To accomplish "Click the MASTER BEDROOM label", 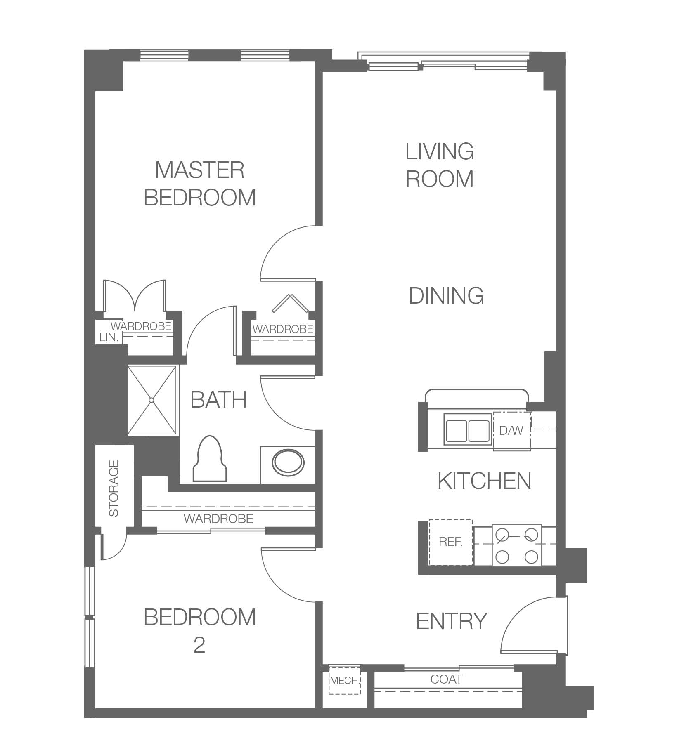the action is click(x=200, y=184).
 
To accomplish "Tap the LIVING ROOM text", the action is click(x=440, y=165).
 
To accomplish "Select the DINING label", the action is click(x=446, y=296).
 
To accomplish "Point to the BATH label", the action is click(x=218, y=399).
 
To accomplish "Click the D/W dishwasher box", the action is click(x=512, y=431).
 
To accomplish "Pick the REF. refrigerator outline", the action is click(x=450, y=542).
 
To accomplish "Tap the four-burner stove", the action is click(x=516, y=545).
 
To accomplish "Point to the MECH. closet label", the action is click(x=344, y=680).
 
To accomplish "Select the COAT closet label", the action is click(x=446, y=679).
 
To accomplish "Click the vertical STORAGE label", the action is click(x=114, y=488).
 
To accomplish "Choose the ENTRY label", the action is click(x=452, y=621).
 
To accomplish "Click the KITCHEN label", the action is click(x=484, y=481).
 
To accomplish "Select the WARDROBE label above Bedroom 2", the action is click(x=218, y=519).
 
